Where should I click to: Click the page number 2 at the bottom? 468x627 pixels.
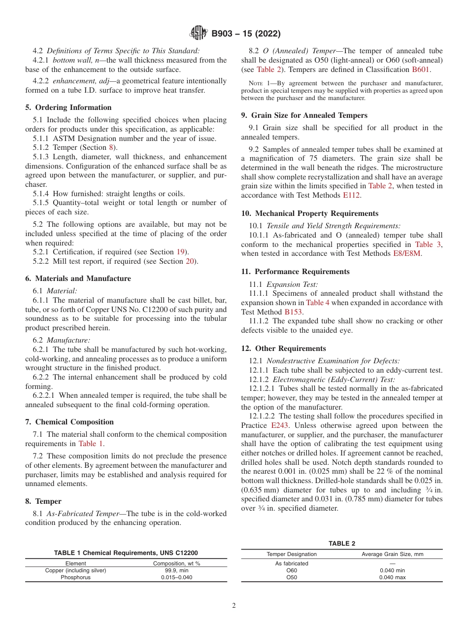234,605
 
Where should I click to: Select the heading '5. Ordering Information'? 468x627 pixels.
68,107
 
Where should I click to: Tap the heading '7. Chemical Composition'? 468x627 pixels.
69,422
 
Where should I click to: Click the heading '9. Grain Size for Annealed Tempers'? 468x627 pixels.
304,115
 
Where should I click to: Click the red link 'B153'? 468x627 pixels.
293,312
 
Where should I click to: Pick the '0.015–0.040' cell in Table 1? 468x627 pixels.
177,577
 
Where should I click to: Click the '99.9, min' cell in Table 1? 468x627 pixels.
177,570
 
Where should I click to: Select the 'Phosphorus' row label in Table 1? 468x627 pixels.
75,577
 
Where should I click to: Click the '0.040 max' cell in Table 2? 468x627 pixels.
392,577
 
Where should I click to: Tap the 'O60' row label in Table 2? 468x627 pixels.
292,570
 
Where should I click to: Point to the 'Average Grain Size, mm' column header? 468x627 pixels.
392,554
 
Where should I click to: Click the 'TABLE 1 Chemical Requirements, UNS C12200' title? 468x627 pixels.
126,553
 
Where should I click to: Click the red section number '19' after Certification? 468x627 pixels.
181,252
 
